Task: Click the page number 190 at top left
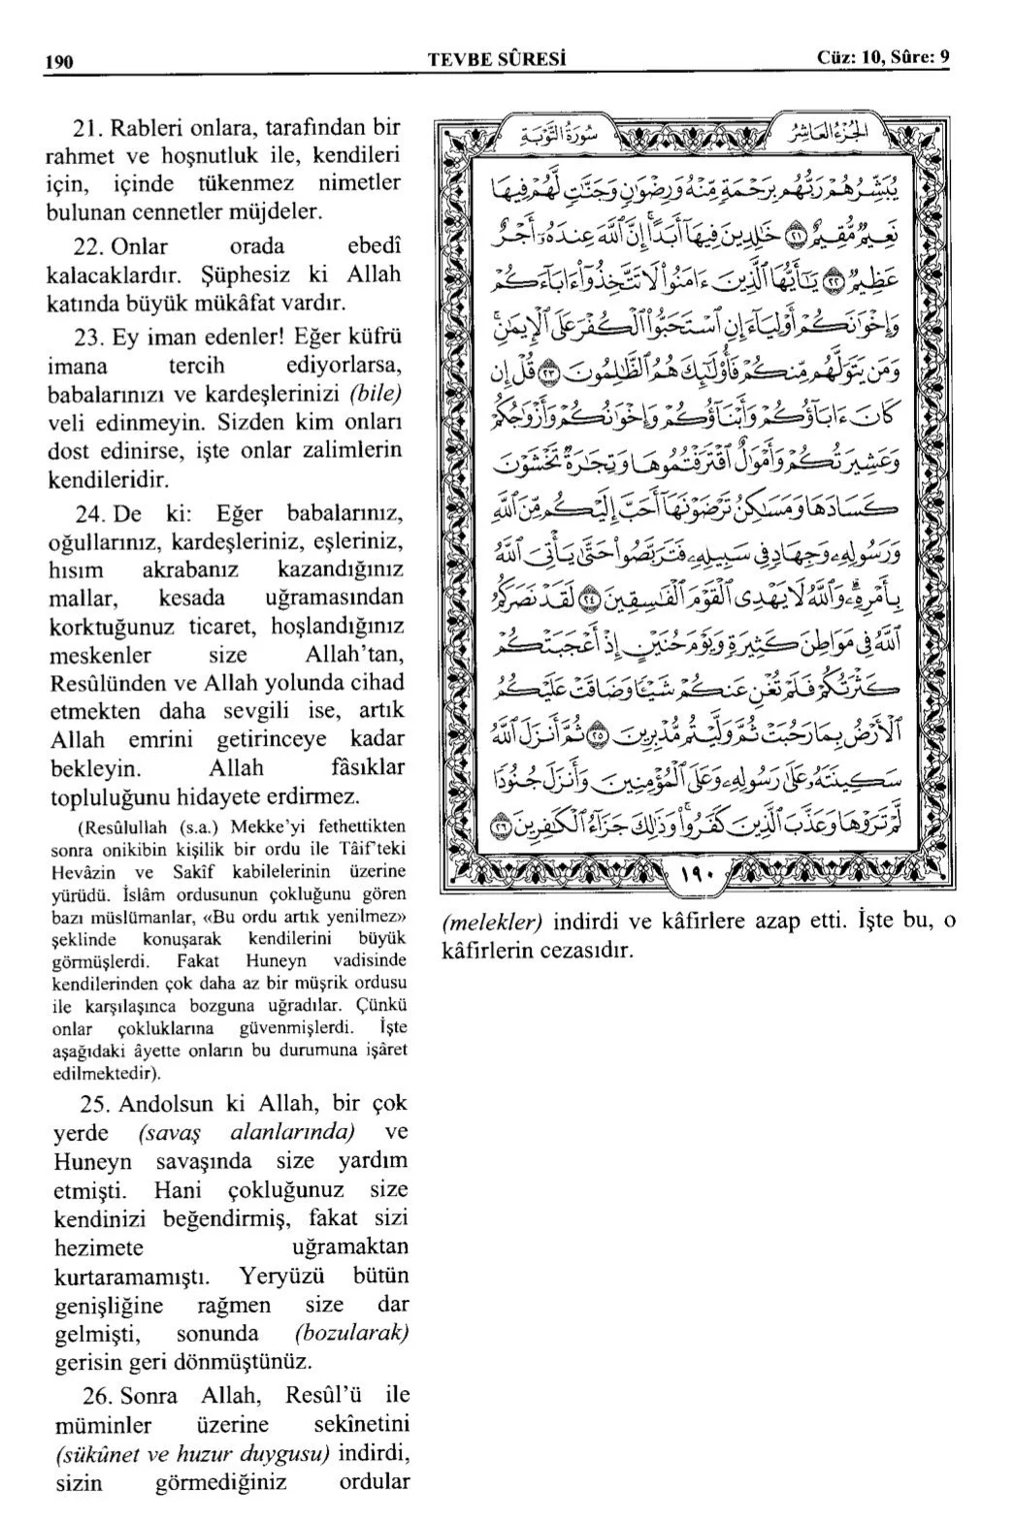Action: [x=59, y=59]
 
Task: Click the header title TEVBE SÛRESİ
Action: [x=497, y=59]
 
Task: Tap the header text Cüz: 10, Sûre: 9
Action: [x=883, y=58]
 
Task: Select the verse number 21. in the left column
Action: [x=88, y=127]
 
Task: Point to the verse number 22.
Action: [x=88, y=245]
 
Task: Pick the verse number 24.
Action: [x=88, y=512]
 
